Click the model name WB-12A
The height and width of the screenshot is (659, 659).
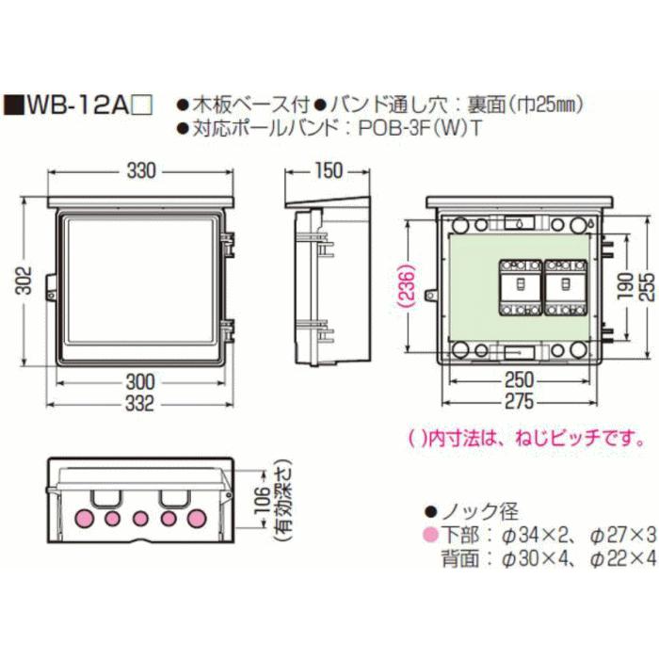coord(74,104)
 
